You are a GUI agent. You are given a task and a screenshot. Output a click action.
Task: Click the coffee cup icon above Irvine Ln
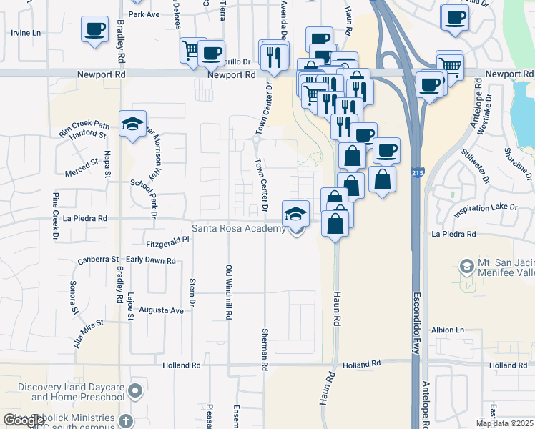94,29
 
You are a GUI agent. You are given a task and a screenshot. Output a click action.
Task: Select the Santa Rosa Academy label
238,229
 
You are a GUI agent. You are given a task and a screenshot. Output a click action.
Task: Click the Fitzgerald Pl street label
166,243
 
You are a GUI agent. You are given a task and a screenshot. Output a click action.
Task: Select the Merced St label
81,167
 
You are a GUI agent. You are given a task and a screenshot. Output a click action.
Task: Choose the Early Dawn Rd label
150,261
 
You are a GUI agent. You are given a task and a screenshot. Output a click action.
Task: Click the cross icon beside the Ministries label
126,420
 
